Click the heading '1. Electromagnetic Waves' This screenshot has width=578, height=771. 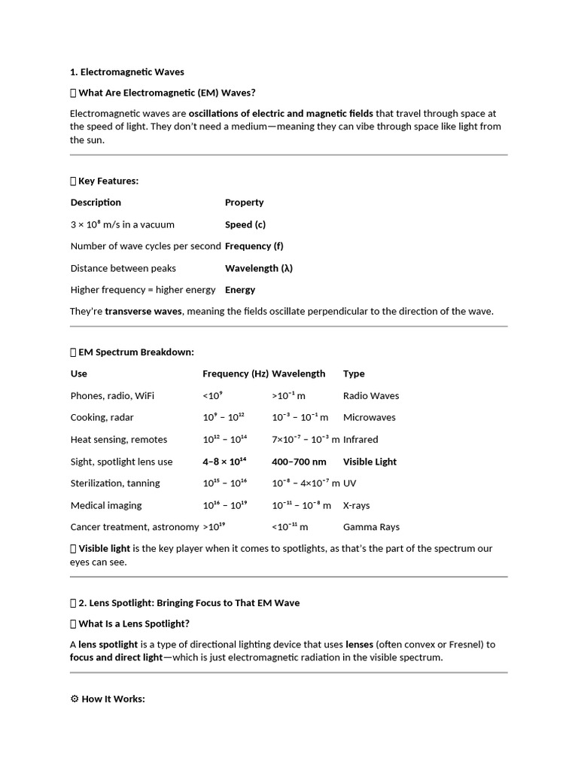[127, 72]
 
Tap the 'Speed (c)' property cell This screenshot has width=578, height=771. [245, 224]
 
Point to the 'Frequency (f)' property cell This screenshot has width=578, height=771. [254, 246]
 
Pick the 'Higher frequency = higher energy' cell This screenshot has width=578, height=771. [143, 290]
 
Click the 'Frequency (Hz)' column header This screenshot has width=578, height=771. [236, 373]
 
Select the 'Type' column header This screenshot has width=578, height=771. [354, 373]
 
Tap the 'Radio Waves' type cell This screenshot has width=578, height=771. [371, 396]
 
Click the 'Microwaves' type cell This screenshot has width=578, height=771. [369, 418]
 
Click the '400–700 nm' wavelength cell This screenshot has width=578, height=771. [299, 462]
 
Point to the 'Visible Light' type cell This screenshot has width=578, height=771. [370, 462]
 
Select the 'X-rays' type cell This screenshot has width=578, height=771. [357, 506]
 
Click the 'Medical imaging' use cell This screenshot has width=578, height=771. [106, 506]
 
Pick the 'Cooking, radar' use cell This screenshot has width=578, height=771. [102, 418]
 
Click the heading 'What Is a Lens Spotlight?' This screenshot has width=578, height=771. [133, 623]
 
